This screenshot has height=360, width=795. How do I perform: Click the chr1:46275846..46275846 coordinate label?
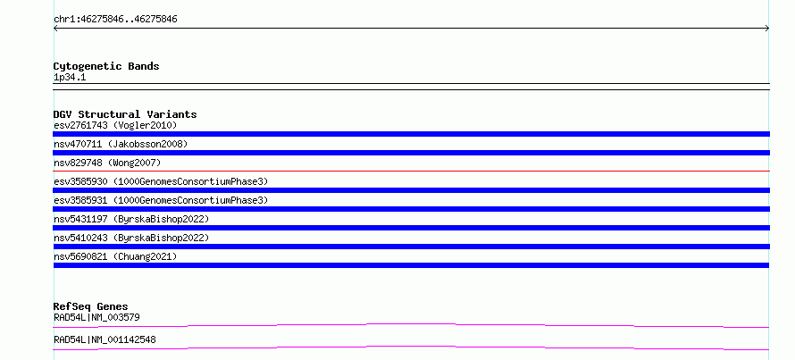point(115,20)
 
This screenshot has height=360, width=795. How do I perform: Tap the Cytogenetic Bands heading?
point(106,66)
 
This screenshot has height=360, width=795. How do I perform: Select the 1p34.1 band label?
point(70,77)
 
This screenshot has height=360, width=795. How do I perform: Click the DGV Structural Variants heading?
point(125,114)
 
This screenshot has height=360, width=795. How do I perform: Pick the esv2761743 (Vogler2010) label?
point(115,125)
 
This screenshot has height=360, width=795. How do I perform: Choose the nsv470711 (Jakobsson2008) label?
point(121,144)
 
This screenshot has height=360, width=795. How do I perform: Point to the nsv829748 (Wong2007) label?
point(107,163)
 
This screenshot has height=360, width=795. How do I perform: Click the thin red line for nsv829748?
point(411,171)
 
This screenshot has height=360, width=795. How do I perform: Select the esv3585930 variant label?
point(161,181)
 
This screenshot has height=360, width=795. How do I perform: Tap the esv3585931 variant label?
point(161,200)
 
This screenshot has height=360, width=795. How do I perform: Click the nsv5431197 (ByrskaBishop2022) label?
point(131,219)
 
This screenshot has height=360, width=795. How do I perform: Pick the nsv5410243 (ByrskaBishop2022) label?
point(131,238)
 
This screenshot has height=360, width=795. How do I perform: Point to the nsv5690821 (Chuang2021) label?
point(115,256)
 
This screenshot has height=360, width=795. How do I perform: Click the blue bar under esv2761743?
point(411,134)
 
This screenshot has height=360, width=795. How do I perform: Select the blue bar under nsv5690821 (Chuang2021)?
point(411,265)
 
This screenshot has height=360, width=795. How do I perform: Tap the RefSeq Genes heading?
point(91,306)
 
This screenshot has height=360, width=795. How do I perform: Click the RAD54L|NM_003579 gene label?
point(96,317)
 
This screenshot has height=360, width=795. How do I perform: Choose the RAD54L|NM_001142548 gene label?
point(105,339)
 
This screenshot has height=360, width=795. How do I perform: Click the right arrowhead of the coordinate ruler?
point(768,29)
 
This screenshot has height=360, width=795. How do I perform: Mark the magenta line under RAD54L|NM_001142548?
point(411,347)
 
